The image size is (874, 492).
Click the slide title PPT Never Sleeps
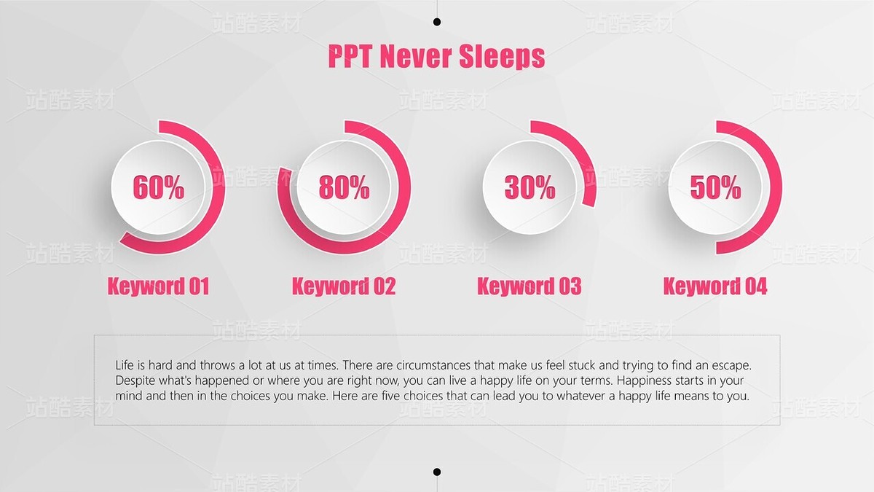[x=436, y=56]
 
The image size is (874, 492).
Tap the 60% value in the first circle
[x=159, y=187]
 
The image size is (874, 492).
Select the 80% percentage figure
[x=344, y=187]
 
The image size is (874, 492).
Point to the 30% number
[x=530, y=187]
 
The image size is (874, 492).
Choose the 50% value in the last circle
[x=715, y=187]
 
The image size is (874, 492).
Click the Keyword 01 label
[x=159, y=286]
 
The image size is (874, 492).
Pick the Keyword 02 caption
[x=344, y=286]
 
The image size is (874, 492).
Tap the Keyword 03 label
[x=529, y=286]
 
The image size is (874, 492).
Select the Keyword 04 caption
[x=715, y=286]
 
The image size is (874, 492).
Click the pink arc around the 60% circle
[x=219, y=187]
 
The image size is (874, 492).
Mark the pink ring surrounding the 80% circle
[x=404, y=187]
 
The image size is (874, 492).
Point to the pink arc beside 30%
[x=578, y=150]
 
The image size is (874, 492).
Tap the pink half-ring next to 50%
[x=776, y=187]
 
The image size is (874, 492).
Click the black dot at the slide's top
[x=437, y=22]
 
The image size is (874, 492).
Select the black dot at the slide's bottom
[x=437, y=472]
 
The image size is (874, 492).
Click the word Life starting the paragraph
[x=125, y=365]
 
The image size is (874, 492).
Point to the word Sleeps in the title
[x=502, y=57]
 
